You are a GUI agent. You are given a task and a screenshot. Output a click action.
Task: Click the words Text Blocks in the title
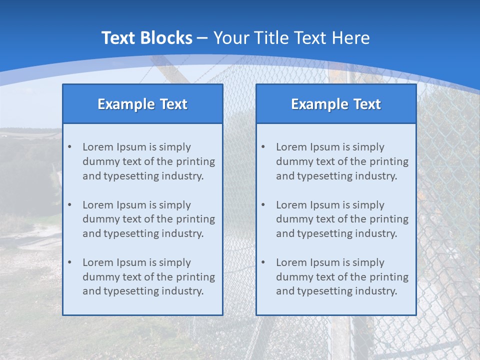[146, 38]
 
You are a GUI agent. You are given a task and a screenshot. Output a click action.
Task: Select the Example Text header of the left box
[142, 104]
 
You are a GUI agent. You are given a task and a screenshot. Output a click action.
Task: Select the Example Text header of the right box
[336, 104]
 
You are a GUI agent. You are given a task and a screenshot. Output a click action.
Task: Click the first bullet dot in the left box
[69, 147]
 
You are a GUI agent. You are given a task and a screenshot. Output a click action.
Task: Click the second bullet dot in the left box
[69, 205]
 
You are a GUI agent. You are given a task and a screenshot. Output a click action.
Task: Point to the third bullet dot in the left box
[69, 262]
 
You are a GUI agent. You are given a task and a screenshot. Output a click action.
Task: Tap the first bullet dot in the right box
[263, 147]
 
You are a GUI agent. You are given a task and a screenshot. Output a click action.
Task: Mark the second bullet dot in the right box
[263, 205]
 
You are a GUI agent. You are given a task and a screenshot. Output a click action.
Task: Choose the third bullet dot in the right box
[263, 262]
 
